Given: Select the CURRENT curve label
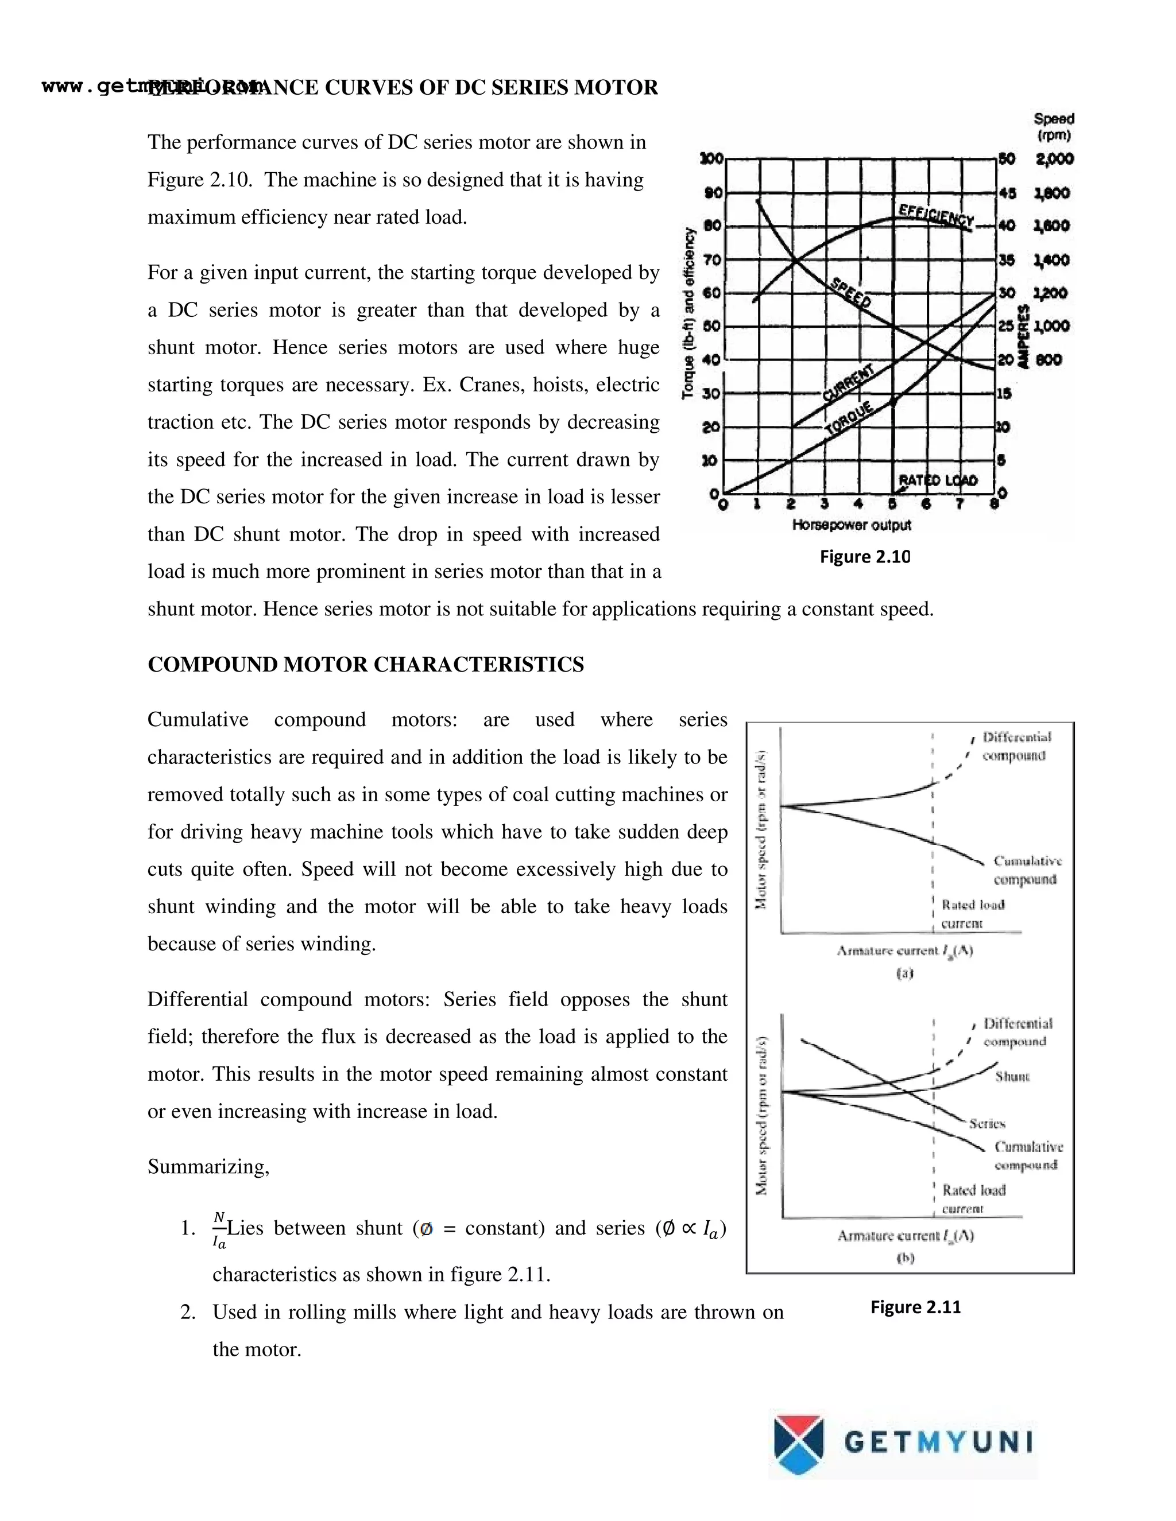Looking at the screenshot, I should pyautogui.click(x=848, y=383).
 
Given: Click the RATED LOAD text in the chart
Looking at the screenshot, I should pyautogui.click(x=938, y=480).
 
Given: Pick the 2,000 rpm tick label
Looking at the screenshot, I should pyautogui.click(x=1055, y=160).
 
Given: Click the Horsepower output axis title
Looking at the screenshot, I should pyautogui.click(x=852, y=525).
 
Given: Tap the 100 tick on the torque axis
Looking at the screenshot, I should pyautogui.click(x=711, y=160).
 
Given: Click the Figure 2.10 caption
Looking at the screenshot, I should pyautogui.click(x=865, y=557).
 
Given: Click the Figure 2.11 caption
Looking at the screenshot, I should pyautogui.click(x=915, y=1307).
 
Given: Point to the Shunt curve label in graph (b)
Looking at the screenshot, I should pyautogui.click(x=1012, y=1077).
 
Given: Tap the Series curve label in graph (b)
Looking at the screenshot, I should pyautogui.click(x=987, y=1123).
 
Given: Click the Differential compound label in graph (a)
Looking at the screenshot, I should pyautogui.click(x=1016, y=746).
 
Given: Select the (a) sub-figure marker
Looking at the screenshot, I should pyautogui.click(x=904, y=973).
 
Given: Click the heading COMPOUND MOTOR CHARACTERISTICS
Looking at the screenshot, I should pyautogui.click(x=366, y=665).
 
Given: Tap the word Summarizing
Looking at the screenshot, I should pyautogui.click(x=208, y=1166).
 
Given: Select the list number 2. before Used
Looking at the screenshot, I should pyautogui.click(x=187, y=1313).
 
